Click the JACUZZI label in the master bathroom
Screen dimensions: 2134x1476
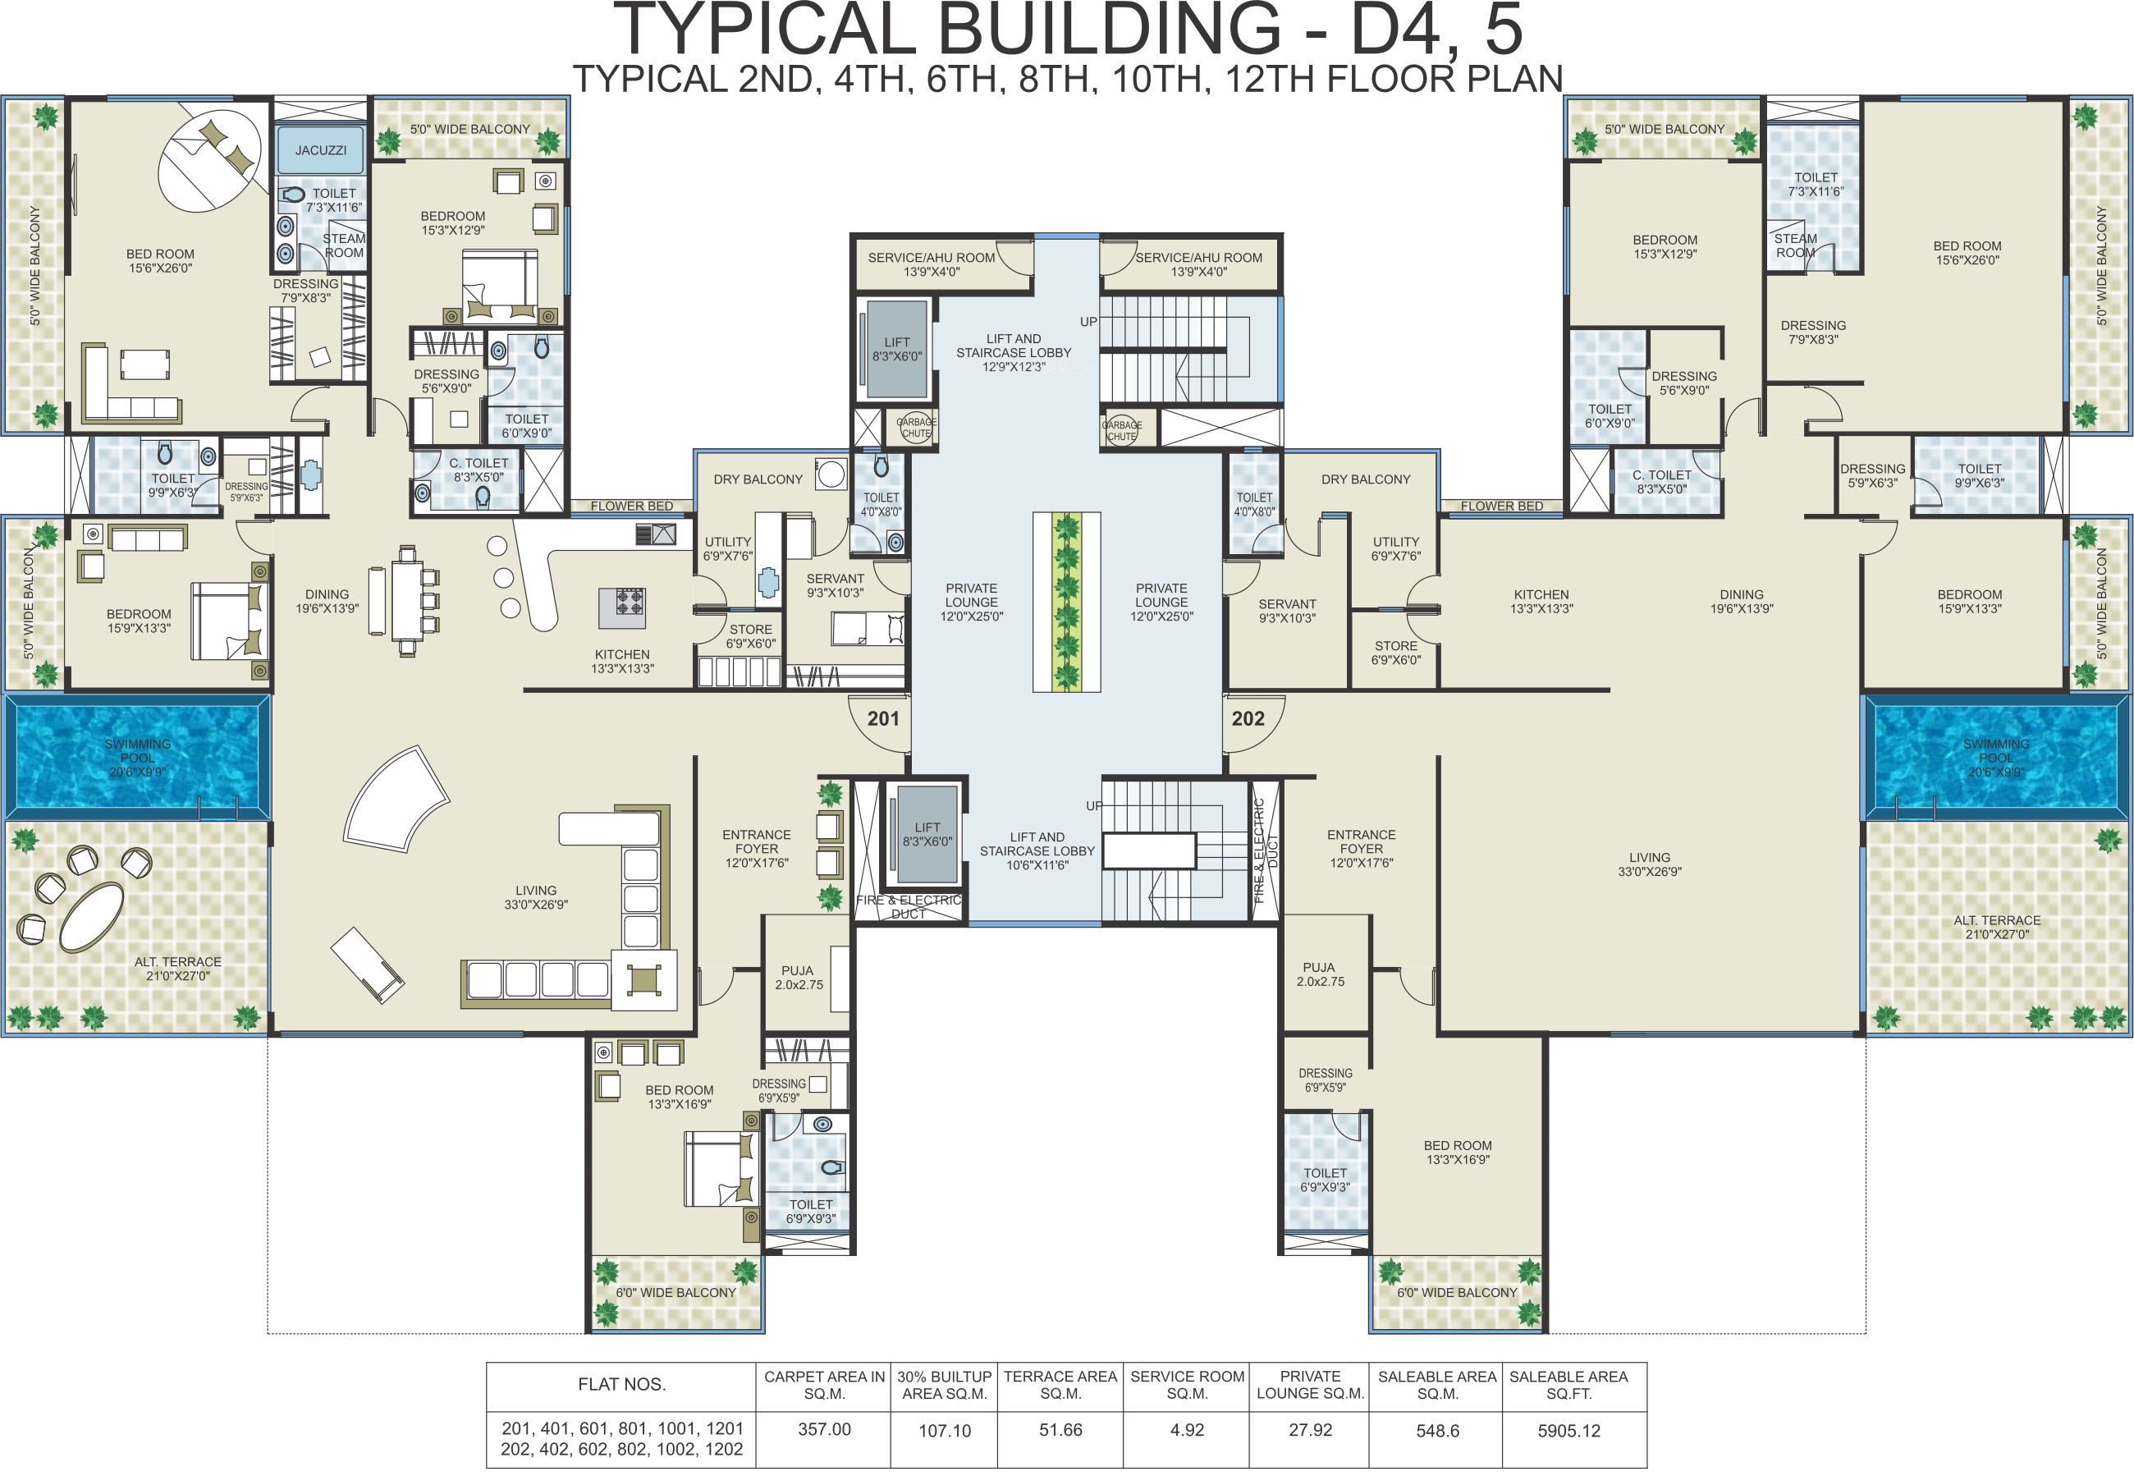pyautogui.click(x=321, y=150)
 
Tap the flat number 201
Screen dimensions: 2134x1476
pyautogui.click(x=883, y=718)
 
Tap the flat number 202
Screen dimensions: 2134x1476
pyautogui.click(x=1248, y=718)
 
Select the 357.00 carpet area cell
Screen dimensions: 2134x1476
pyautogui.click(x=824, y=1429)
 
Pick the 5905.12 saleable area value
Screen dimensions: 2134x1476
pyautogui.click(x=1568, y=1431)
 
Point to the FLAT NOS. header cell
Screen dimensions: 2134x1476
pyautogui.click(x=621, y=1384)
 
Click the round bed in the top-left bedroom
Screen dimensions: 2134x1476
pyautogui.click(x=210, y=160)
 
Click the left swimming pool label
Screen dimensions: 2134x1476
pyautogui.click(x=138, y=758)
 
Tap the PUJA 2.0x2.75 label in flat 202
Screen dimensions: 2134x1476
pyautogui.click(x=1320, y=974)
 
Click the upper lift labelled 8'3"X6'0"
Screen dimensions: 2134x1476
pyautogui.click(x=896, y=349)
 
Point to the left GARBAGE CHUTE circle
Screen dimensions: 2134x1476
pyautogui.click(x=915, y=427)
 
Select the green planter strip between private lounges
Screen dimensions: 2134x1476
pyautogui.click(x=1067, y=602)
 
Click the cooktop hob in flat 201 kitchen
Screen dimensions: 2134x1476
pyautogui.click(x=630, y=602)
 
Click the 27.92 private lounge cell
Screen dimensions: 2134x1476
pyautogui.click(x=1310, y=1430)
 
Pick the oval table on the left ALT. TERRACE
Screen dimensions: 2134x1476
pyautogui.click(x=92, y=916)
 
